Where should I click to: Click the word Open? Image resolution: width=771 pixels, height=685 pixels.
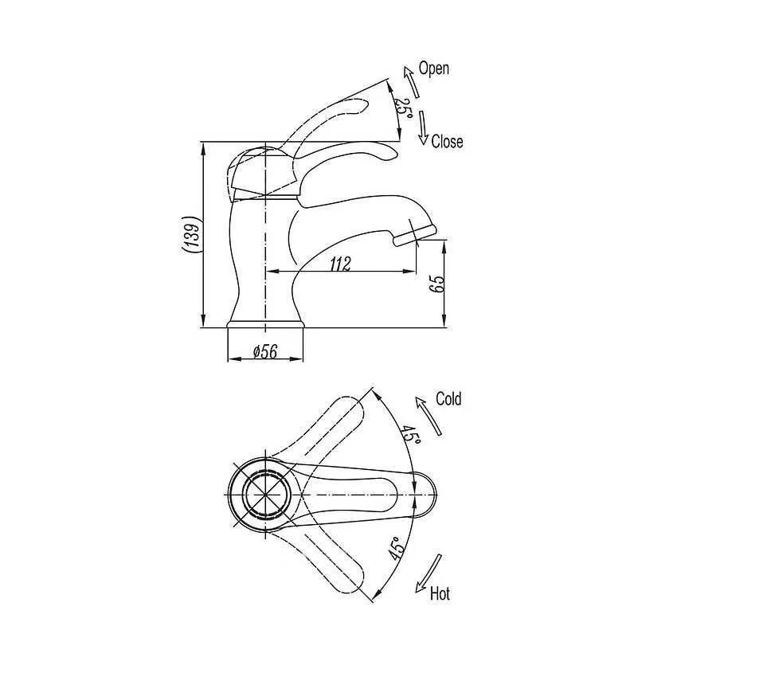433,68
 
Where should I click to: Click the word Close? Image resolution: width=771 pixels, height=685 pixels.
447,142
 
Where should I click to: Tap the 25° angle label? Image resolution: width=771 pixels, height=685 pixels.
403,108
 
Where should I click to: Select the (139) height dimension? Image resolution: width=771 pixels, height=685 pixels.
191,234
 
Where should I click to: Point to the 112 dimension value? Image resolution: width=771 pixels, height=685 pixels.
340,264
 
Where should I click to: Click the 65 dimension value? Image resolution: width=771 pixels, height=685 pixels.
437,284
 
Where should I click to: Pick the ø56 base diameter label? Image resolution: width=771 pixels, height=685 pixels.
265,351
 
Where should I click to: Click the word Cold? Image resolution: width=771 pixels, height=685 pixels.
448,398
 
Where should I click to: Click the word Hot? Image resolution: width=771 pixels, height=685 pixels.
440,593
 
